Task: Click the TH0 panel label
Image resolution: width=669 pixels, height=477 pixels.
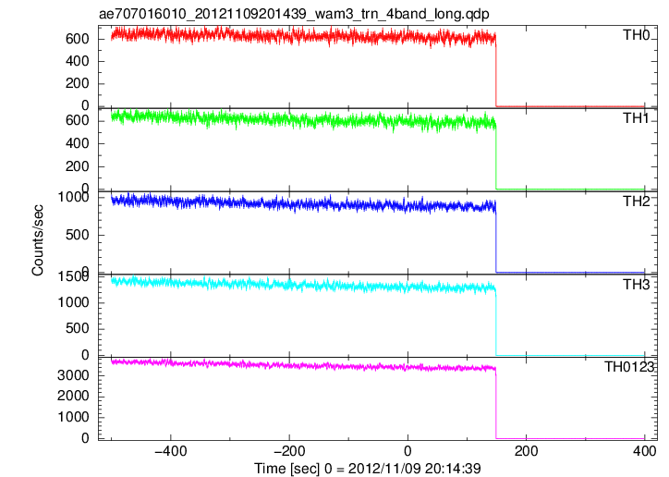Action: (x=636, y=35)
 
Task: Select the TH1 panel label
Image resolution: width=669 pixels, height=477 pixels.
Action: (x=636, y=118)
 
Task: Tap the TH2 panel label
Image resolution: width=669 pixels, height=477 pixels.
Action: (x=636, y=201)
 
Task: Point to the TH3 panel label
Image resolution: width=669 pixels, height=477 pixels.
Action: (x=636, y=284)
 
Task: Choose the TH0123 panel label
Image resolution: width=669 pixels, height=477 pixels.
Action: (x=629, y=367)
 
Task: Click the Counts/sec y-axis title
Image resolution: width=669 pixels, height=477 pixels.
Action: (x=38, y=240)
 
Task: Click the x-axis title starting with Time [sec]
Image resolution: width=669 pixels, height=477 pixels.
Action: (x=368, y=469)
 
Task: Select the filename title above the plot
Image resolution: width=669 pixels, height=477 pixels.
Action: (x=294, y=14)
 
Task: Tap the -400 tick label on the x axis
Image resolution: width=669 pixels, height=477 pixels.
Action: (x=171, y=451)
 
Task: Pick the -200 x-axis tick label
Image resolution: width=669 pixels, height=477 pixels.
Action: (x=289, y=451)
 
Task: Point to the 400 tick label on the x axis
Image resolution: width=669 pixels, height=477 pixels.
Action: (x=644, y=451)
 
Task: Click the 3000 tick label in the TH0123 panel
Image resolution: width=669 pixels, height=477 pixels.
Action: (x=73, y=375)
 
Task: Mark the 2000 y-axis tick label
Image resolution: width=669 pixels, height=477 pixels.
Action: (x=73, y=397)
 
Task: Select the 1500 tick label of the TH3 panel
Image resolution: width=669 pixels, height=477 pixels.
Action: (x=73, y=277)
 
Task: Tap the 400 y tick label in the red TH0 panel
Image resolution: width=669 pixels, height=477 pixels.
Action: (x=78, y=61)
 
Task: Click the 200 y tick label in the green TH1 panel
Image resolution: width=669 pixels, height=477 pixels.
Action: (x=78, y=166)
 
